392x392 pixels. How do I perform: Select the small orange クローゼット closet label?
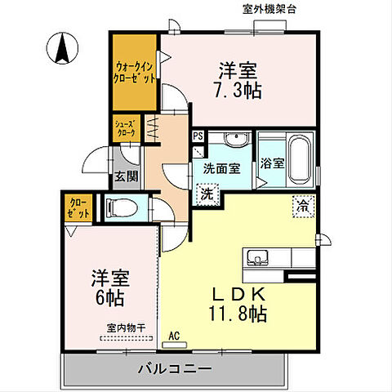[x=78, y=207]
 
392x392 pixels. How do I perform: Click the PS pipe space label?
[x=198, y=136]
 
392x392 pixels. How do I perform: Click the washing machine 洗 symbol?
[x=207, y=195]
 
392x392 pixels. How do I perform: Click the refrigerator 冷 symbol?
[x=303, y=206]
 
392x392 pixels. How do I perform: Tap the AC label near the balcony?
[x=174, y=335]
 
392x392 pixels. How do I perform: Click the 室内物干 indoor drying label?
[x=124, y=327]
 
